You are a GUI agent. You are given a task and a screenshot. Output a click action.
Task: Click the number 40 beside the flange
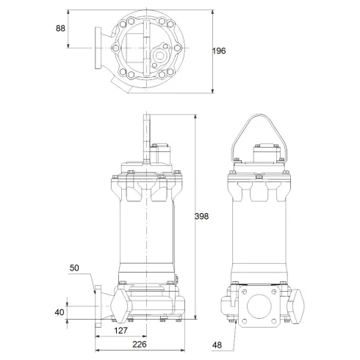pyautogui.click(x=60, y=312)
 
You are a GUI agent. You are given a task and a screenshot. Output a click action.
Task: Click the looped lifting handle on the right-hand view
pyautogui.click(x=256, y=132)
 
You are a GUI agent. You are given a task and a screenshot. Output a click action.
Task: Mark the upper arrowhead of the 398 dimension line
pyautogui.click(x=195, y=117)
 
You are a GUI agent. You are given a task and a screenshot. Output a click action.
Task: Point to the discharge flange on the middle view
pyautogui.click(x=98, y=303)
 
